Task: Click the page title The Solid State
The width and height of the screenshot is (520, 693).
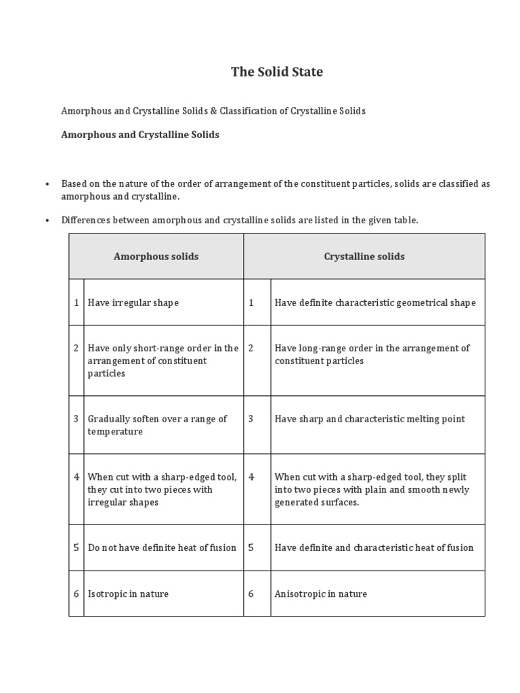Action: (x=277, y=72)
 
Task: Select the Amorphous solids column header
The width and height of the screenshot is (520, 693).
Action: (x=156, y=256)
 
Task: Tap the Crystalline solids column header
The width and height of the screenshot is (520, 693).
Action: (x=364, y=256)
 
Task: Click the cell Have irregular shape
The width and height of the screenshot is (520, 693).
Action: (x=133, y=303)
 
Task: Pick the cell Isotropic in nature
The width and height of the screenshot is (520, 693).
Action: (x=129, y=594)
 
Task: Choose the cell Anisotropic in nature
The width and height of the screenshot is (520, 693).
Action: (x=321, y=594)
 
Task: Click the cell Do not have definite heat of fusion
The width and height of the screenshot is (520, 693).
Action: (x=162, y=547)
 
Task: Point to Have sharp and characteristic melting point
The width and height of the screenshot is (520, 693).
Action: (x=370, y=419)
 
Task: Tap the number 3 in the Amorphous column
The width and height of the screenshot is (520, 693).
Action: (x=77, y=419)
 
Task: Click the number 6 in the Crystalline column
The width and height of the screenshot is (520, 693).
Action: (x=251, y=594)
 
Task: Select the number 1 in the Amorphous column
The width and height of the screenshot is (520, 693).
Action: (x=77, y=303)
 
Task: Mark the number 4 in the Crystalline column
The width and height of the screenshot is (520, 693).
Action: (x=251, y=476)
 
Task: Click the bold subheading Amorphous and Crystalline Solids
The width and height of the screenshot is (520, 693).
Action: (x=140, y=135)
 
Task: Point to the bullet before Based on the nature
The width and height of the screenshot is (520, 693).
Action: (x=47, y=184)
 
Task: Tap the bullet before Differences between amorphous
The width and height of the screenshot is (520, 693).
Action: (x=47, y=221)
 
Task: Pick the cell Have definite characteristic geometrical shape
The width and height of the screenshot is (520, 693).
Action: (x=375, y=303)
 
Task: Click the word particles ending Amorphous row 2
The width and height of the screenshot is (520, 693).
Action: (x=106, y=374)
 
